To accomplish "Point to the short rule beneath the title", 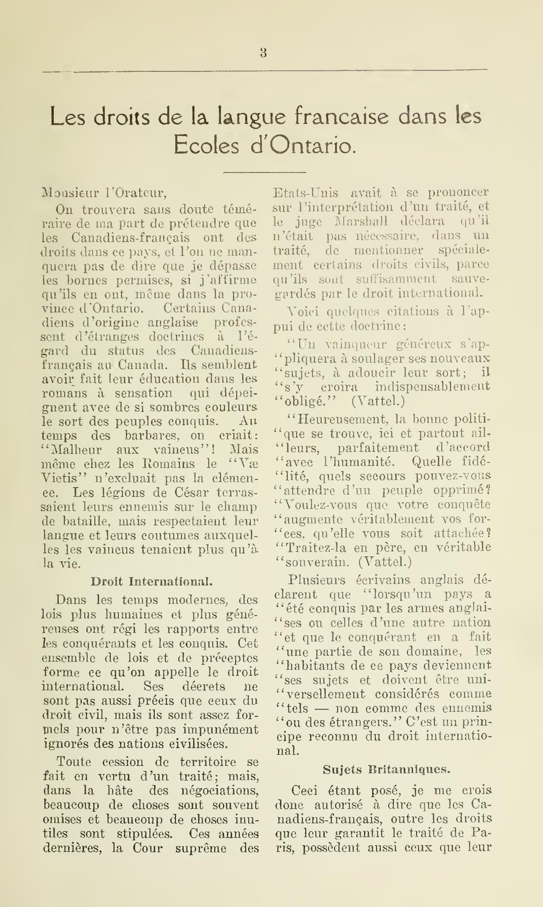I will (265, 172).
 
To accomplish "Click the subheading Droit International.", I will (151, 581).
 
